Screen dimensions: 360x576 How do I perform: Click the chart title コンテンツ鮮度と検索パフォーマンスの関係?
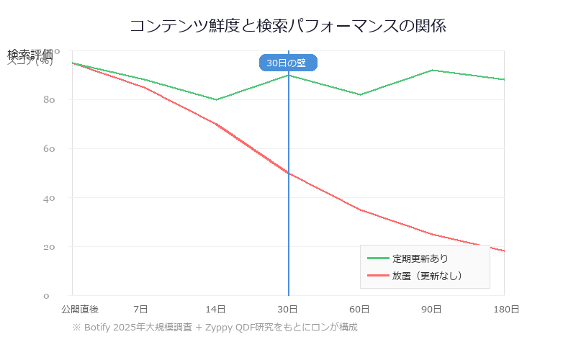click(288, 27)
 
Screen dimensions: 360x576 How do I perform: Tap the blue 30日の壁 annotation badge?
click(287, 63)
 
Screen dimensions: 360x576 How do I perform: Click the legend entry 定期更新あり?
click(420, 258)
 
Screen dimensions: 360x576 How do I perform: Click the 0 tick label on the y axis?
click(46, 296)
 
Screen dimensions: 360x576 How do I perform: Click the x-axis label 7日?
click(141, 309)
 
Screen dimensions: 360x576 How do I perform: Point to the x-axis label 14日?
click(215, 309)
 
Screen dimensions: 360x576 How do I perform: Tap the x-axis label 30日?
click(287, 309)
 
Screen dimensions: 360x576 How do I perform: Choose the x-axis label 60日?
click(359, 309)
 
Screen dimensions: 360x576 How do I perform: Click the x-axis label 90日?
click(431, 309)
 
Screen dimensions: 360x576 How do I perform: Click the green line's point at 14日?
click(216, 99)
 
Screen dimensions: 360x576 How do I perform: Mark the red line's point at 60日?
click(360, 210)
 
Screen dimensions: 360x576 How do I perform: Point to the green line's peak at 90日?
click(432, 70)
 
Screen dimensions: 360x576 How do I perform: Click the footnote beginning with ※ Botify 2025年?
click(215, 327)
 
